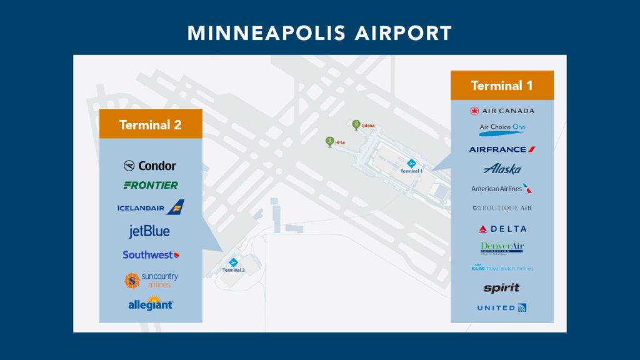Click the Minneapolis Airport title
click(319, 32)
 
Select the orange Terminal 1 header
click(502, 85)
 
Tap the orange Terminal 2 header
click(151, 124)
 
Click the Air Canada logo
click(502, 111)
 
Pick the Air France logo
click(502, 149)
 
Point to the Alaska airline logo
click(502, 169)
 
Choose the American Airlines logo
click(502, 188)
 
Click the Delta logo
click(502, 229)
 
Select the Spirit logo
click(501, 288)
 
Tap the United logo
click(502, 307)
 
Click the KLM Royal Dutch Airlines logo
click(502, 268)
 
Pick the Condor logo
click(150, 166)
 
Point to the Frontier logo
click(151, 185)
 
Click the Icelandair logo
click(151, 207)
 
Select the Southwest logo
click(151, 254)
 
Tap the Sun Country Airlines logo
click(151, 281)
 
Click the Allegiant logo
click(151, 305)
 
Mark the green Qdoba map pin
click(356, 124)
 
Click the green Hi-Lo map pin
click(329, 141)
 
